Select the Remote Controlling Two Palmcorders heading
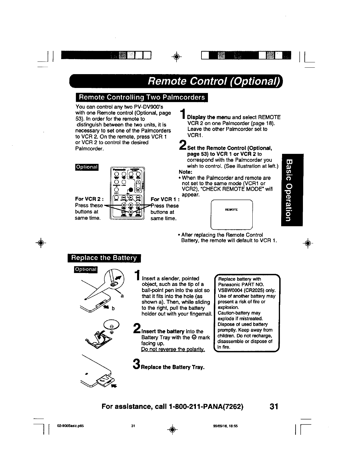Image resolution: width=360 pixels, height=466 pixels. (141, 97)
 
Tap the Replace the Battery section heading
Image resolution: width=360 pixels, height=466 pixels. (104, 258)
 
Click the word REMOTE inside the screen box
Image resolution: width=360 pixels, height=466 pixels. (231, 210)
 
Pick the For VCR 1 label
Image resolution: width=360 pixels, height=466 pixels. (162, 199)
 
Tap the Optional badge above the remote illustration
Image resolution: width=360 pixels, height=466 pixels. (87, 167)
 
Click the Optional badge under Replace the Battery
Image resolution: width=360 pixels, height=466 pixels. (85, 269)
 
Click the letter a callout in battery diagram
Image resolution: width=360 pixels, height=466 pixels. (121, 295)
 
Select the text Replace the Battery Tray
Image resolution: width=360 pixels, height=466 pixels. (173, 367)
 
